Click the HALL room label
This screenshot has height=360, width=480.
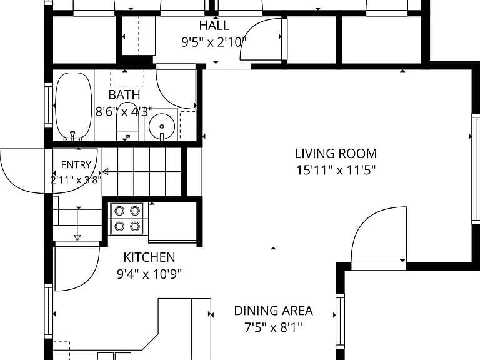point(214,26)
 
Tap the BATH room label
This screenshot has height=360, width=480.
point(124,95)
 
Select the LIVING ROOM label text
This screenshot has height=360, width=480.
point(336,153)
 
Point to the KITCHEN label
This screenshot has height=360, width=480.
point(149,257)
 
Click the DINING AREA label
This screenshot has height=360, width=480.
point(273,311)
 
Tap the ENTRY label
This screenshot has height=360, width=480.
point(76,165)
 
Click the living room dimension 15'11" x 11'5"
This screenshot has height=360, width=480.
point(336,170)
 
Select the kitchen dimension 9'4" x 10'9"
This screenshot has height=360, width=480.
point(149,274)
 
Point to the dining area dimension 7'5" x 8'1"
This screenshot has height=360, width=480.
point(273,327)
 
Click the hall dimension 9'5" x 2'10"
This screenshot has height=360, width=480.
point(214,42)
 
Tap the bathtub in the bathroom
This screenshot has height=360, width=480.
point(74,106)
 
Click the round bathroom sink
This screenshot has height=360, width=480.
point(162,126)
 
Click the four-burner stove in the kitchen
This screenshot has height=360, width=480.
point(127,219)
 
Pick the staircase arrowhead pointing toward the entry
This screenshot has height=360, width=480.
point(106,171)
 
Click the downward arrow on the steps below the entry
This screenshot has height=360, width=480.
point(77,224)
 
